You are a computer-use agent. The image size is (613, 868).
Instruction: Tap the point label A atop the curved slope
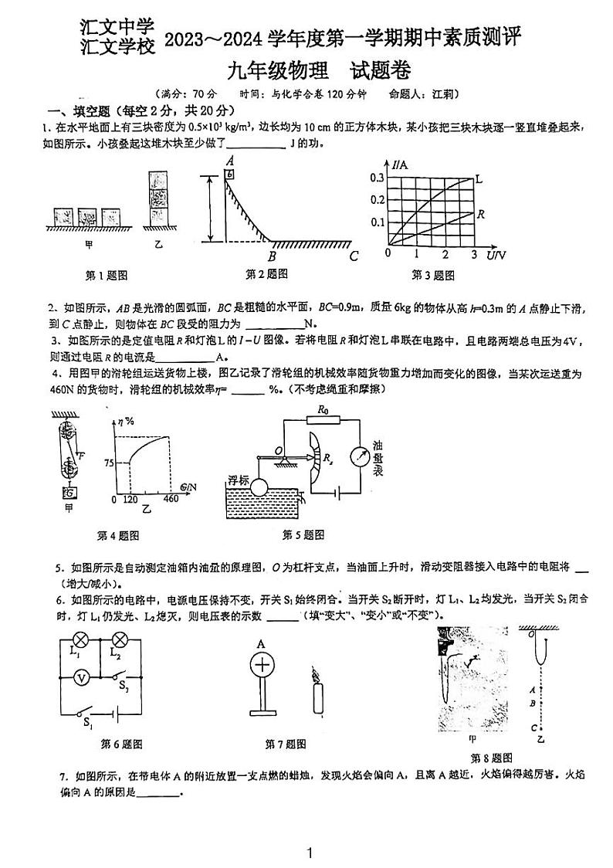coord(229,161)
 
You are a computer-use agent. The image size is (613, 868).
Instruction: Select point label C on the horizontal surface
coord(354,256)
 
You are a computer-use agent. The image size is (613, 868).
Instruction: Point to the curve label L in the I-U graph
coord(479,179)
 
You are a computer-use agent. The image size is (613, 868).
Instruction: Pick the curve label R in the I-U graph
coord(480,213)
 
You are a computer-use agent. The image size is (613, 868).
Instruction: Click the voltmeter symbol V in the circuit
coord(83,676)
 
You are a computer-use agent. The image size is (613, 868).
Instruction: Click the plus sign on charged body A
coord(262,665)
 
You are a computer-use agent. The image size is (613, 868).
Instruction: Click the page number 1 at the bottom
coord(309,853)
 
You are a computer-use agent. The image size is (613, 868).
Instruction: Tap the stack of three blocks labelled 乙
coord(158,197)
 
